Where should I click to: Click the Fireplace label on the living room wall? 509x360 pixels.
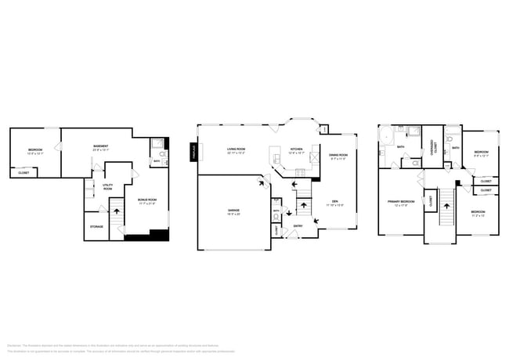point(193,153)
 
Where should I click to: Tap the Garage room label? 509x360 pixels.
point(233,212)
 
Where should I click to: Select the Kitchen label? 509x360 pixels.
point(297,150)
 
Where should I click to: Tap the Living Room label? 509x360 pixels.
point(236,150)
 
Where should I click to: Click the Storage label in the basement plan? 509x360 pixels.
point(96,226)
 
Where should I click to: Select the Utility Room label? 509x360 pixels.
point(107,188)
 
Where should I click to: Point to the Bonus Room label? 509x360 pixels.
point(146,200)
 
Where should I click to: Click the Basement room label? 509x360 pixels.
point(101,147)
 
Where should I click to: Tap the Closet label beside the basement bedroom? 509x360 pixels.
point(23,172)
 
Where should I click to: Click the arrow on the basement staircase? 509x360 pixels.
point(116,210)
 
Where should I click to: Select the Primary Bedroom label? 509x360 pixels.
point(399,203)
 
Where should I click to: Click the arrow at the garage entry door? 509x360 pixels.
point(264,183)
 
